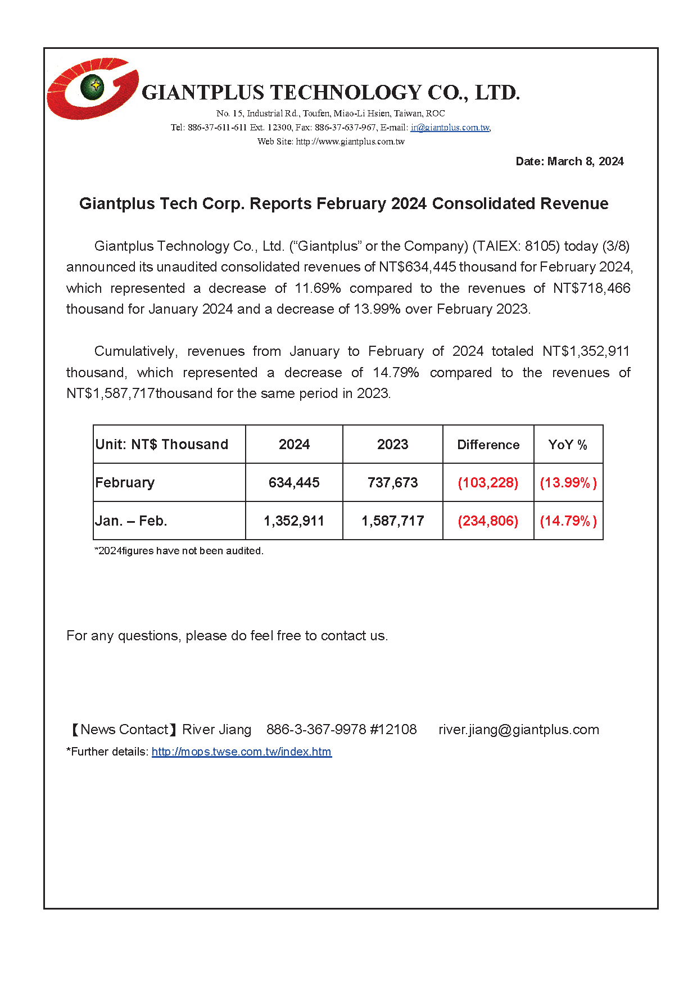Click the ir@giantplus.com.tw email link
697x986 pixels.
(x=450, y=128)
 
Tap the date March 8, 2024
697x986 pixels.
(x=569, y=161)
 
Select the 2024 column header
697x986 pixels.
(x=294, y=445)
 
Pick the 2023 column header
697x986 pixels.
(x=392, y=445)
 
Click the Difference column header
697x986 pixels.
(x=488, y=445)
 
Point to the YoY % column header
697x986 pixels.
(x=568, y=445)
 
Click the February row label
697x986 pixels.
(x=125, y=483)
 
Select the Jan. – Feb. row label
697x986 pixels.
(x=132, y=521)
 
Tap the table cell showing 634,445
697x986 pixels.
(x=294, y=483)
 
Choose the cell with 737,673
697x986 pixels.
(x=392, y=483)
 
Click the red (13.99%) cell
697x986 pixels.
(x=568, y=483)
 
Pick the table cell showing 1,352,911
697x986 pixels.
(x=294, y=521)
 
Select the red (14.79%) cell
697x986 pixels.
(x=568, y=521)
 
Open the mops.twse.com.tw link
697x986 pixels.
(x=242, y=752)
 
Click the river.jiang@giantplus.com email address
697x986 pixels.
(x=518, y=730)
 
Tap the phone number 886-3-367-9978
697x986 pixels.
(x=316, y=730)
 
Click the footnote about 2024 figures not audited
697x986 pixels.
(x=179, y=551)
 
